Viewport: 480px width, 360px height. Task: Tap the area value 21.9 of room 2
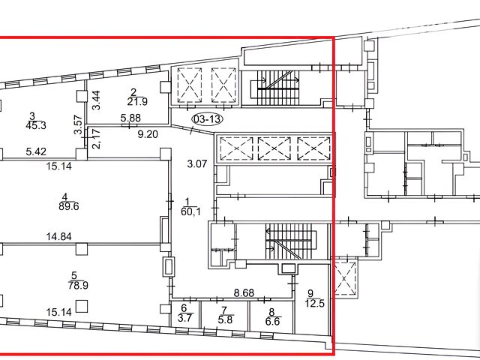coord(137,101)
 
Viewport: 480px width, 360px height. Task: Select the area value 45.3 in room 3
coord(36,125)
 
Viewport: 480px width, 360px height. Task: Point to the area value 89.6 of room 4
coord(68,206)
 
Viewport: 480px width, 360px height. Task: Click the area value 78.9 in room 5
coord(78,285)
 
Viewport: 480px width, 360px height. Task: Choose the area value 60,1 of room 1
coord(190,211)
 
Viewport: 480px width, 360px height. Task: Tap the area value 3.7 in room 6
coord(184,318)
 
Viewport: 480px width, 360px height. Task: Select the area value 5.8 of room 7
coord(225,320)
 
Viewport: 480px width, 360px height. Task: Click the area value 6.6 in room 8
coord(273,322)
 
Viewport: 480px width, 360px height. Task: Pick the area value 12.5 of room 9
coord(314,303)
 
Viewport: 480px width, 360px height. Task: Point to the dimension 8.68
coord(244,293)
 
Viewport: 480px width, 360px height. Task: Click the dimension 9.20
coord(148,134)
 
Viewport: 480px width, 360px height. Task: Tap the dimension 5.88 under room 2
coord(130,118)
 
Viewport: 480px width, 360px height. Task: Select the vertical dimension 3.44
coord(97,100)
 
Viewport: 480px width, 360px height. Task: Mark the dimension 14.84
coord(59,236)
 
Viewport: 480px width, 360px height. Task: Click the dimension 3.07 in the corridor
coord(197,163)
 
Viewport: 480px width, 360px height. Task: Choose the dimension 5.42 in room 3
coord(36,151)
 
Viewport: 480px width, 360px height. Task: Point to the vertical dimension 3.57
coord(78,124)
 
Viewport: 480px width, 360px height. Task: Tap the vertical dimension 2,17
coord(96,139)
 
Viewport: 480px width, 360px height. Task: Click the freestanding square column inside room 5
coord(82,306)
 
